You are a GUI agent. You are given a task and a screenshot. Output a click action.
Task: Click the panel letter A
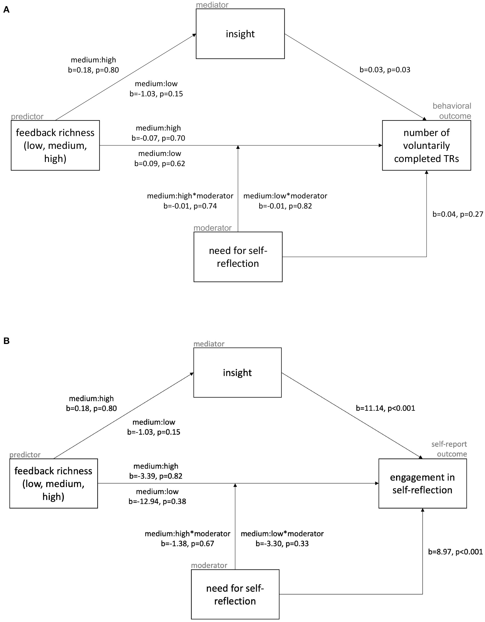(6, 10)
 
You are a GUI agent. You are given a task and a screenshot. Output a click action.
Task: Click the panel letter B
(6, 341)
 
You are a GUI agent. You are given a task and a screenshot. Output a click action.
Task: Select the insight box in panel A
(240, 34)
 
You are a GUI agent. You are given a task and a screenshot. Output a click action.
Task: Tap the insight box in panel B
(237, 372)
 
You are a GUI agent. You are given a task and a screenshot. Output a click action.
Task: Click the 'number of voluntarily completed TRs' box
(426, 146)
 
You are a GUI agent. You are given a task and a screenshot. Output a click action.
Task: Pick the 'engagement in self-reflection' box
(422, 484)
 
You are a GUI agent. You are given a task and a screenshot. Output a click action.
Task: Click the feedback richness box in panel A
(55, 146)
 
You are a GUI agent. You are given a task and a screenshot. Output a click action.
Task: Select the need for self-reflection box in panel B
(235, 594)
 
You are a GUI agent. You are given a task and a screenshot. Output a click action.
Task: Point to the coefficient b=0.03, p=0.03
(385, 70)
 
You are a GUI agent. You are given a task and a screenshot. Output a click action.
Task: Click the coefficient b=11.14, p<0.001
(385, 408)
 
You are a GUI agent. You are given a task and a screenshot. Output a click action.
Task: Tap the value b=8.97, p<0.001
(455, 552)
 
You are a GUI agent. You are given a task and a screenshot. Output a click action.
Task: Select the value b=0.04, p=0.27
(457, 214)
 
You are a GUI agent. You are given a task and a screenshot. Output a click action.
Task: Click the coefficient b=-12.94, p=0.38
(157, 501)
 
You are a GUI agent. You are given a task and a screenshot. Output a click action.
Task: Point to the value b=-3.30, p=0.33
(282, 543)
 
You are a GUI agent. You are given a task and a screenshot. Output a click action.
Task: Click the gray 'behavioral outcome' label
(452, 111)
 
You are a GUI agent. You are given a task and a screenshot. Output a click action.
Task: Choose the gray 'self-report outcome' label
(449, 449)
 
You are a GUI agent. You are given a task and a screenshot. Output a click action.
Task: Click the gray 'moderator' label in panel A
(212, 228)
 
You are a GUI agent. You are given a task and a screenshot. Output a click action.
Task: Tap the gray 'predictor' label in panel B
(25, 455)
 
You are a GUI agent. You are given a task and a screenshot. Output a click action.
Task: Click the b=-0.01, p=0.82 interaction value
(285, 206)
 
